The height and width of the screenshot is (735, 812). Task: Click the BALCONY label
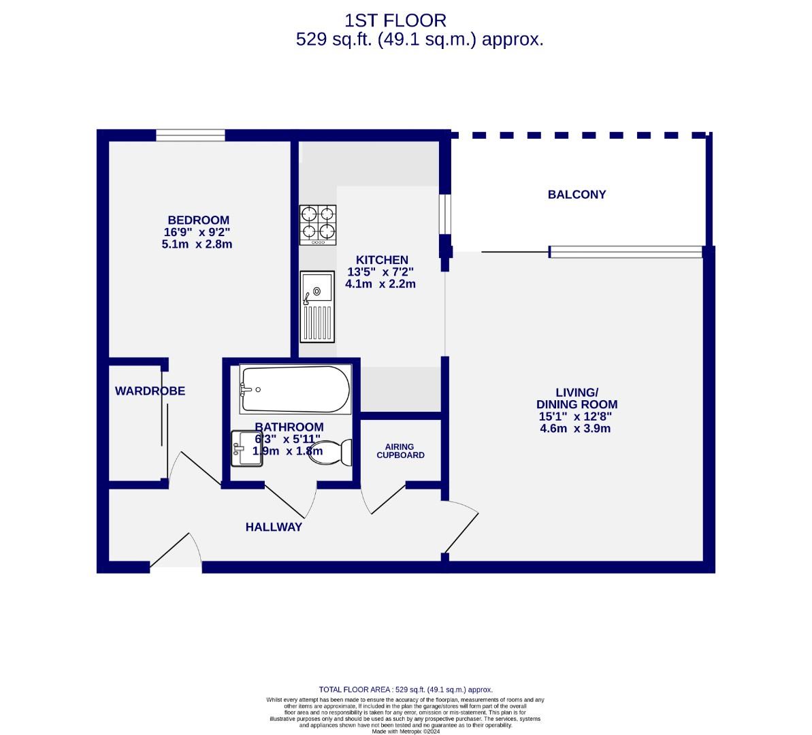click(576, 195)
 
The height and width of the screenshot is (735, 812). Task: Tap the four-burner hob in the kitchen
click(318, 225)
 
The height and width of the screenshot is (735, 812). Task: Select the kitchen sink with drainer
click(317, 306)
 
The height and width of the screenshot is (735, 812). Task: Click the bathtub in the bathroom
click(295, 389)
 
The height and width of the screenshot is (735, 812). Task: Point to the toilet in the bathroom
click(331, 451)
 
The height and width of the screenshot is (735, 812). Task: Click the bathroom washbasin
click(246, 448)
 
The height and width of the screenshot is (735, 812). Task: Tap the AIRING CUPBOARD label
click(400, 451)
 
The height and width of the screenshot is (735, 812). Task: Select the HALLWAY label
click(274, 527)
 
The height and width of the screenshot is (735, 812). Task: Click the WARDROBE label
click(150, 391)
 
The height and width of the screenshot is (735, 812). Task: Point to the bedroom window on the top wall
click(191, 135)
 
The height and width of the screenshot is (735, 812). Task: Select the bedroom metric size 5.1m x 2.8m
click(197, 244)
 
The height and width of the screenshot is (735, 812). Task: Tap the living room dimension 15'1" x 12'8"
click(576, 416)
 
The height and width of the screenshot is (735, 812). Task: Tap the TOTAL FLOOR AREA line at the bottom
click(406, 689)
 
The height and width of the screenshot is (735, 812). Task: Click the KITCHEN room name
click(382, 260)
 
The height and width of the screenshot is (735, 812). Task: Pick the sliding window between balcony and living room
click(625, 252)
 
